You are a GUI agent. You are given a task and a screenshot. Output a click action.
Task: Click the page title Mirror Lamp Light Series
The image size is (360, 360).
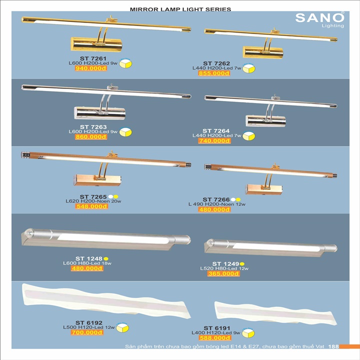pyautogui.click(x=180, y=9)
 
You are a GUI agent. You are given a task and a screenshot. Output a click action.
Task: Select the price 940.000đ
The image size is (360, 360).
pyautogui.click(x=90, y=69)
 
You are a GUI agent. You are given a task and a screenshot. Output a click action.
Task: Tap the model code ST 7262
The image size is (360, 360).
pyautogui.click(x=217, y=63)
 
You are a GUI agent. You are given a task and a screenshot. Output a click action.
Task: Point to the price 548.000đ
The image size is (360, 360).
pyautogui.click(x=90, y=206)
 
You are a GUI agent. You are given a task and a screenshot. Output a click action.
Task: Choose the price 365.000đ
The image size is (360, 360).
pyautogui.click(x=223, y=273)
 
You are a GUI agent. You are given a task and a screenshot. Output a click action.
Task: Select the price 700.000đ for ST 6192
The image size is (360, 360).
pyautogui.click(x=86, y=332)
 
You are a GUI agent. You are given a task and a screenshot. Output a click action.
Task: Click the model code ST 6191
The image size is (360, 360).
pyautogui.click(x=217, y=327)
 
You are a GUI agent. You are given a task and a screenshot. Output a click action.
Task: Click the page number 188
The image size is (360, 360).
pyautogui.click(x=335, y=346)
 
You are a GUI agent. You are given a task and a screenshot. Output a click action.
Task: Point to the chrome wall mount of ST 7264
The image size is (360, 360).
pyautogui.click(x=265, y=120)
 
